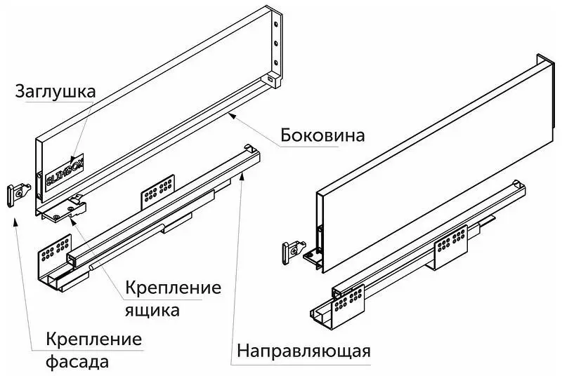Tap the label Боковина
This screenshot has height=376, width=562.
pos(322,134)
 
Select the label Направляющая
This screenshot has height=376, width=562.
pos(303,349)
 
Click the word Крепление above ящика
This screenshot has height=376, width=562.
pos(174,288)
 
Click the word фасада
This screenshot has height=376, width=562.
pos(78,363)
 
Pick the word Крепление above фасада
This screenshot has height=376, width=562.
pos(94,340)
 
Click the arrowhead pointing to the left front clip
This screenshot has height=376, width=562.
pos(15,220)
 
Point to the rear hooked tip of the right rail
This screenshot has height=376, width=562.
pos(519,184)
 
